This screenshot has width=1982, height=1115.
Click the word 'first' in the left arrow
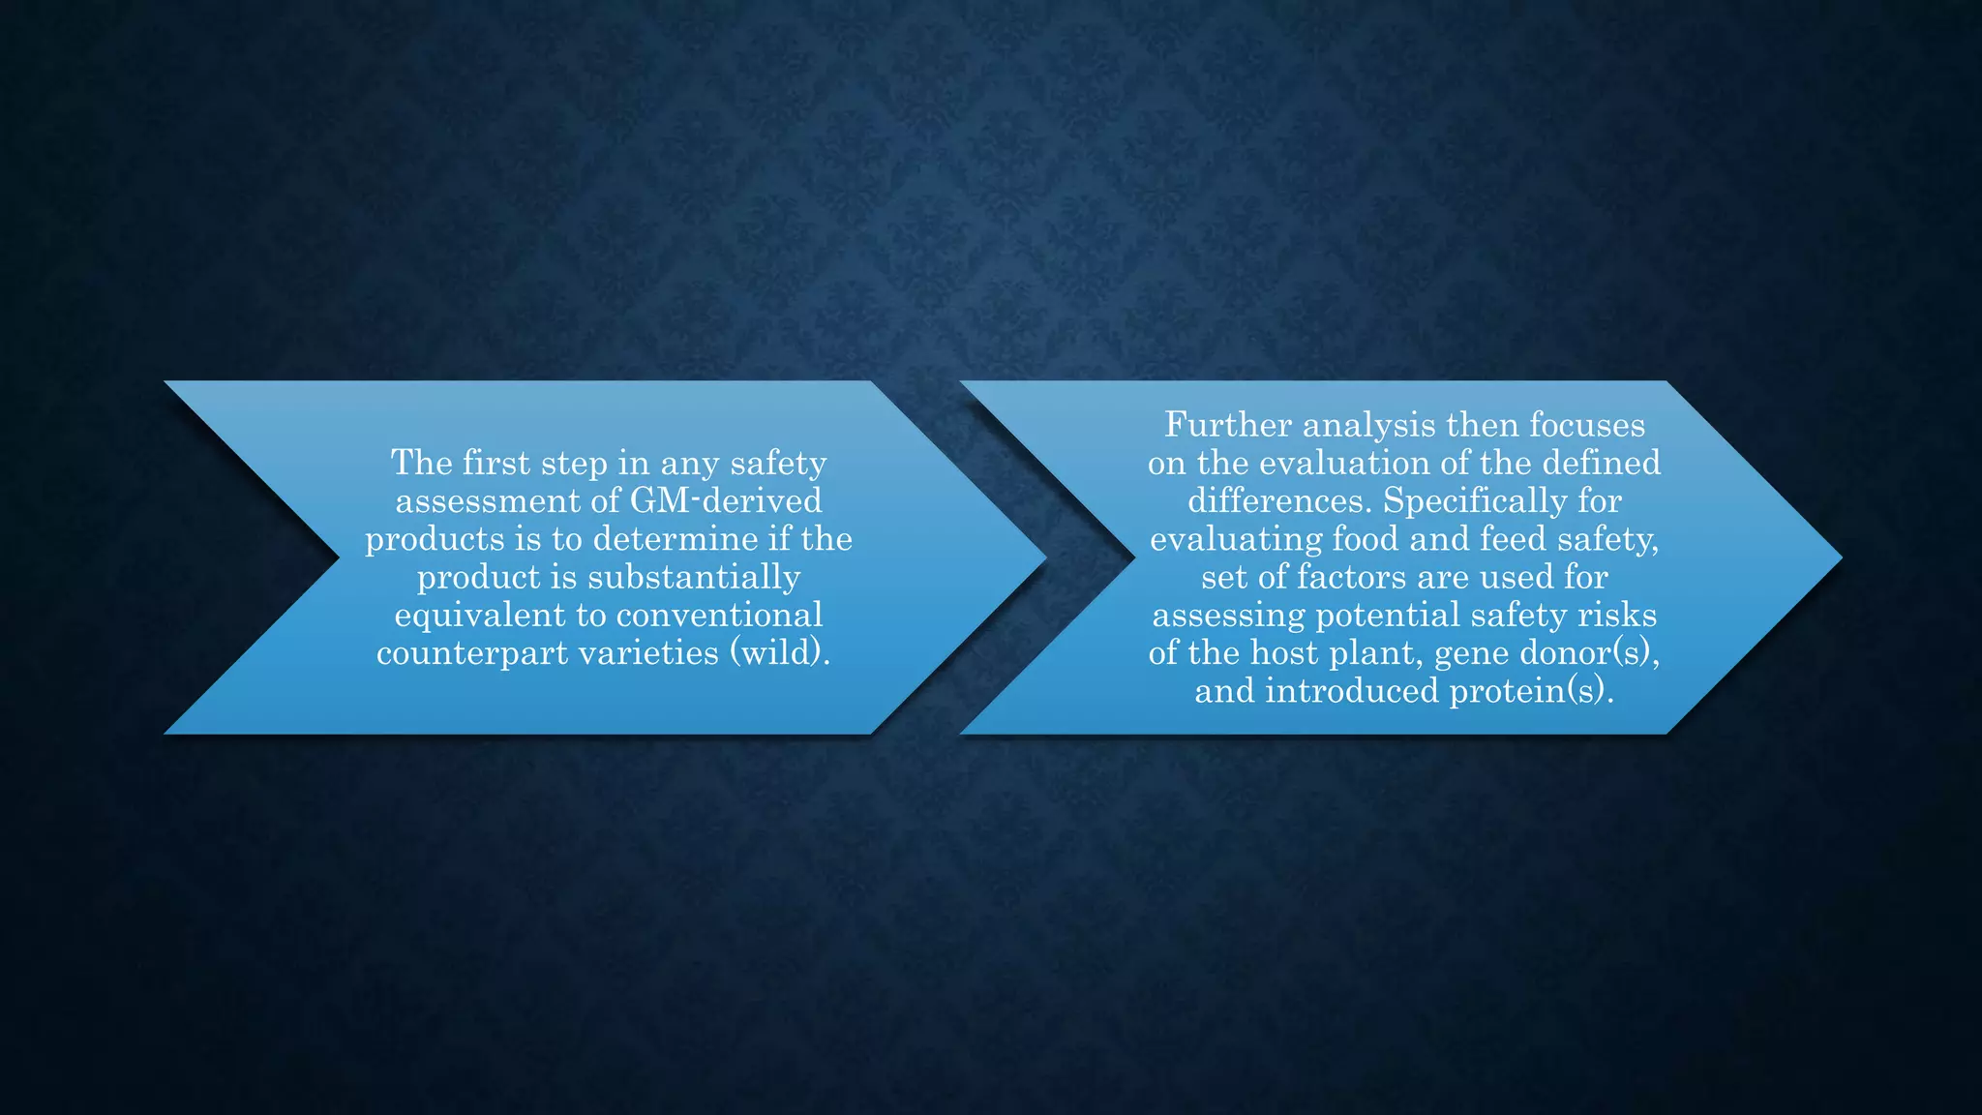(496, 463)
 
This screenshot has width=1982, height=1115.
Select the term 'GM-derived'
(726, 500)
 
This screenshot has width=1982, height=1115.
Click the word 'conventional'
(719, 615)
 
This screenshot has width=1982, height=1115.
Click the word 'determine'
(676, 539)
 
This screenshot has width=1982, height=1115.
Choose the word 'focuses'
(1587, 425)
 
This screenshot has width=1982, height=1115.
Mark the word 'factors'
(1352, 577)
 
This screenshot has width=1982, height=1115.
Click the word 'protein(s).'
(1532, 691)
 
